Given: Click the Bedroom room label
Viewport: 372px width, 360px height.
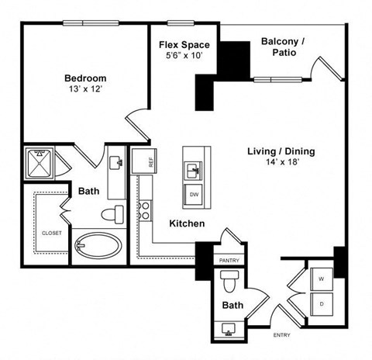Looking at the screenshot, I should (84, 78).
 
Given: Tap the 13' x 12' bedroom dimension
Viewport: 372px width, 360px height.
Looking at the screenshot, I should (84, 89).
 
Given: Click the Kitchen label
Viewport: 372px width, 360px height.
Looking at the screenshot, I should (187, 223).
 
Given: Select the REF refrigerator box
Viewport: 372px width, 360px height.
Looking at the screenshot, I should (142, 161).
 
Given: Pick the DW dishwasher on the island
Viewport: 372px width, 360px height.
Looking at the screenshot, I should (194, 194).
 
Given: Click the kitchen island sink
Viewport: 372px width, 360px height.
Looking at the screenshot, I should (194, 168).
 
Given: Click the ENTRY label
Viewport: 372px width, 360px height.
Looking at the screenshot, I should (281, 335).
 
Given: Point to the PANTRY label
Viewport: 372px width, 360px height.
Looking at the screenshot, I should (229, 261).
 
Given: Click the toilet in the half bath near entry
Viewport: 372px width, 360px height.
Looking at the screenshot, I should (229, 279).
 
